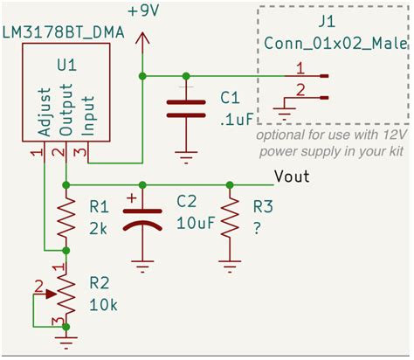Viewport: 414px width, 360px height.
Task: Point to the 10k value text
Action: coord(102,306)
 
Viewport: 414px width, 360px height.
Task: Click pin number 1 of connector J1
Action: coord(300,68)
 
